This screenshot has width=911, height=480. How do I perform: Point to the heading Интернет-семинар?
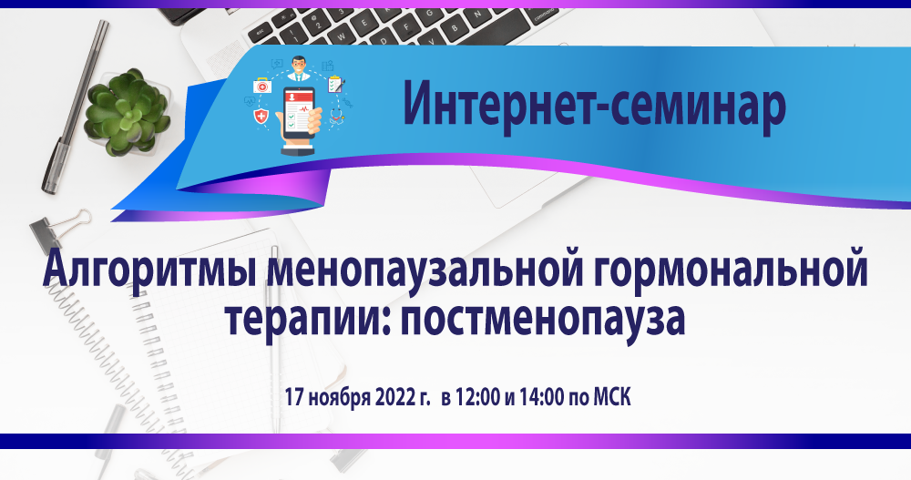[595, 105]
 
